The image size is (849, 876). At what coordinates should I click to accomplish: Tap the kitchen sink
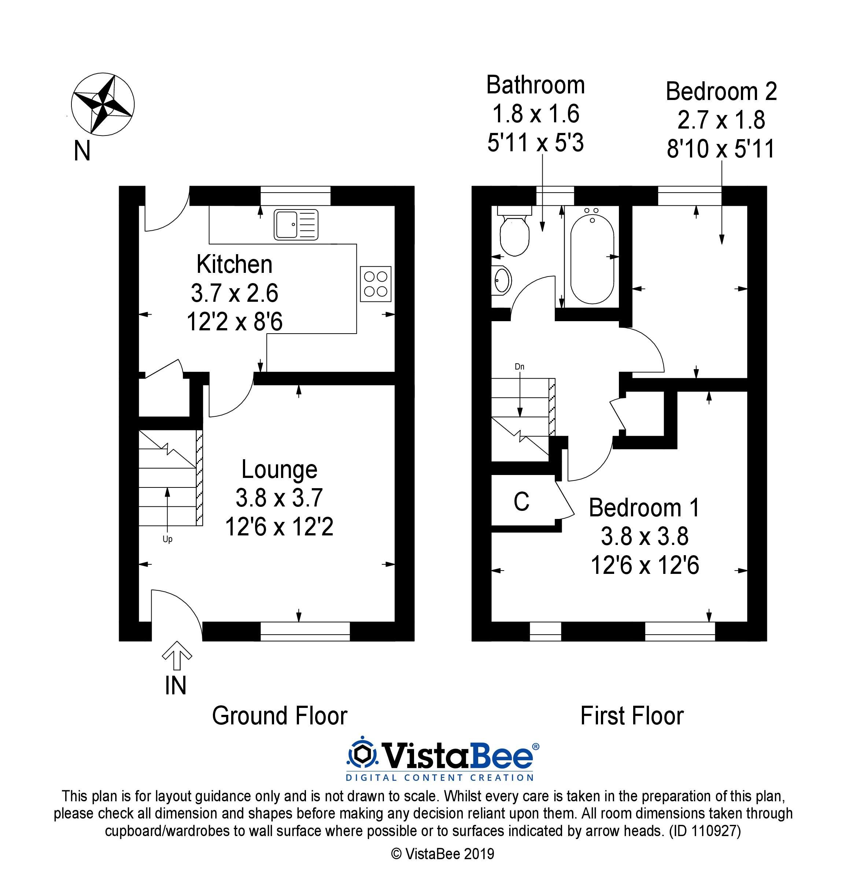296,224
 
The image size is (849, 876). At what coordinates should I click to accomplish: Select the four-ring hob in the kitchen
376,284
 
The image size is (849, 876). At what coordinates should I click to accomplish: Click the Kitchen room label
234,264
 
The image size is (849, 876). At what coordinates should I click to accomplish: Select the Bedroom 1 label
644,508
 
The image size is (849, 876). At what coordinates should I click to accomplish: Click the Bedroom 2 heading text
721,92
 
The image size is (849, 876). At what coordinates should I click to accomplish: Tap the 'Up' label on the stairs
167,539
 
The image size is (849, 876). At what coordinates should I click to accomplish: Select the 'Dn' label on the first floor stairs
519,367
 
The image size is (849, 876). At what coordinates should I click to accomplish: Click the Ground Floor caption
280,716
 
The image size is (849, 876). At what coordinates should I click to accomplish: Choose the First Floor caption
632,716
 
